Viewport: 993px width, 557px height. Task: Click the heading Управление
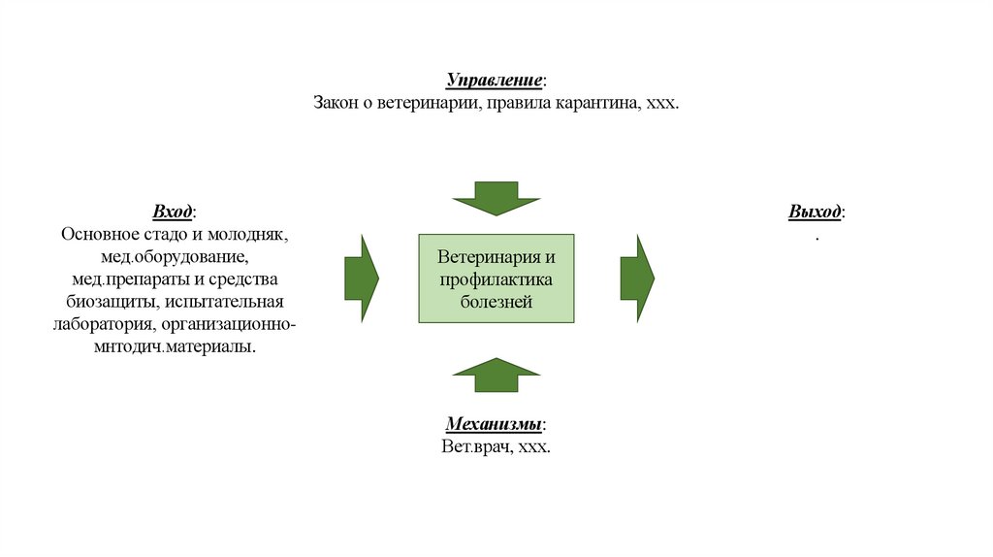click(495, 80)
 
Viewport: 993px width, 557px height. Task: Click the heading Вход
click(173, 212)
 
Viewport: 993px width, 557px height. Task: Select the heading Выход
click(815, 212)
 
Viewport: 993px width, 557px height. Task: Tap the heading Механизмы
click(495, 425)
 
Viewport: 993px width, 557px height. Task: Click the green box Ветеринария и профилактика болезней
click(496, 278)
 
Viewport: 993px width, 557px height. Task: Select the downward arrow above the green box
click(496, 198)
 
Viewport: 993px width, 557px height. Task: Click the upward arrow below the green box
click(496, 375)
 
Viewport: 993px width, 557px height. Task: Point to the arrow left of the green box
click(362, 278)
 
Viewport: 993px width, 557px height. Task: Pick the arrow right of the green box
click(637, 278)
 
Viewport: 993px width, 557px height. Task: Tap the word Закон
click(336, 102)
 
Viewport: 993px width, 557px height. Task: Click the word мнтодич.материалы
click(176, 346)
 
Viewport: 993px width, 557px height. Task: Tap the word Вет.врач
click(475, 447)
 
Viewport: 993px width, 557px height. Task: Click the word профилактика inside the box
click(496, 279)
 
